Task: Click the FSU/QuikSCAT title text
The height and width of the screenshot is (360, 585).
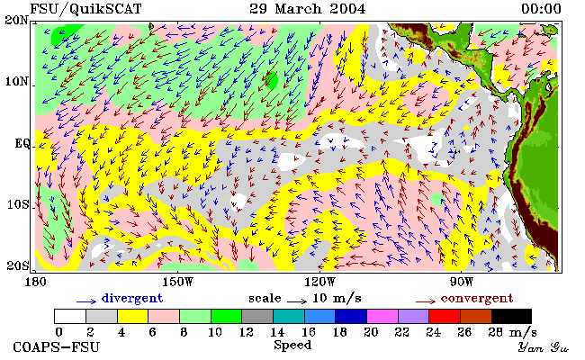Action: [x=85, y=9]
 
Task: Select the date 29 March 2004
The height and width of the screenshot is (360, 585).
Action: [x=308, y=9]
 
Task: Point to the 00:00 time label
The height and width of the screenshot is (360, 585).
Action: [x=541, y=9]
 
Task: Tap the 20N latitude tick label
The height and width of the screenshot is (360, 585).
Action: [x=16, y=20]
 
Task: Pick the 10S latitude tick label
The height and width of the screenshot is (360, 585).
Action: [x=18, y=204]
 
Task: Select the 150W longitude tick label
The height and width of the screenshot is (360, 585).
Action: [x=178, y=282]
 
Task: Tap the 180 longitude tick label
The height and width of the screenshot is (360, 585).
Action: [x=35, y=282]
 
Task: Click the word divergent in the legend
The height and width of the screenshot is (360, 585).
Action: [x=132, y=298]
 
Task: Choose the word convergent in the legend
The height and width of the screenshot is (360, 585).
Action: [x=477, y=299]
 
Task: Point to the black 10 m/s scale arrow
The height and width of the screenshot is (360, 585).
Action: [x=297, y=301]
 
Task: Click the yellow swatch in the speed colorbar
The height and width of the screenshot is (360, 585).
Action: [x=133, y=317]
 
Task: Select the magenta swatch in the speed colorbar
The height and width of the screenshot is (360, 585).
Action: [x=382, y=317]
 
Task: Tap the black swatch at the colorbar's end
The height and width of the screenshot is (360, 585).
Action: [x=511, y=317]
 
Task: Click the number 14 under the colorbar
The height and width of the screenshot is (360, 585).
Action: [x=277, y=332]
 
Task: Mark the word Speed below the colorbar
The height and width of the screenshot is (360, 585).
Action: [x=292, y=345]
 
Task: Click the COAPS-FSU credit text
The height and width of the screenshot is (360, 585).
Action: [x=57, y=346]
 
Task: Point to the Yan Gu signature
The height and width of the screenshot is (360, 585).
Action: [x=543, y=347]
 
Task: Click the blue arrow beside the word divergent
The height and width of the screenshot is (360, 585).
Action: [x=86, y=301]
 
